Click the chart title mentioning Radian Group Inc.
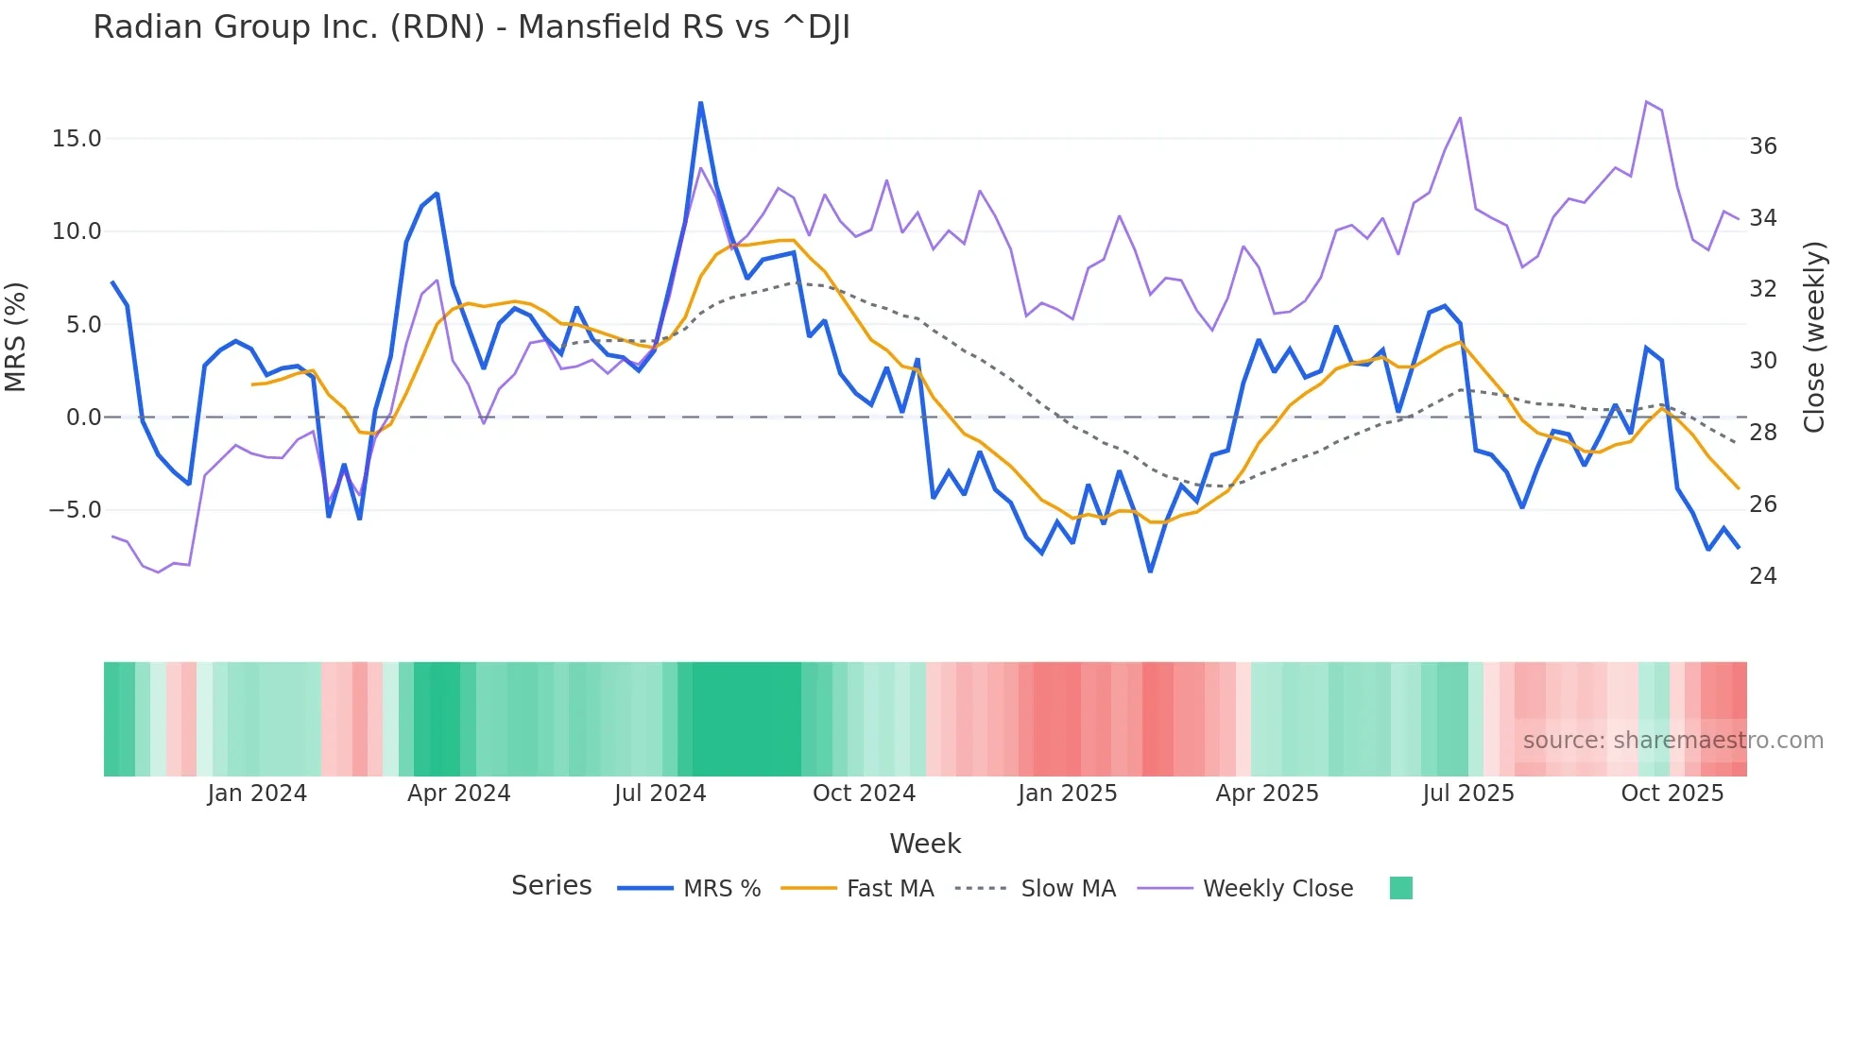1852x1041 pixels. tap(472, 27)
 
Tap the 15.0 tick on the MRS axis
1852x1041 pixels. tap(77, 139)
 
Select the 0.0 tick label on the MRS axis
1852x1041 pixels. tap(83, 418)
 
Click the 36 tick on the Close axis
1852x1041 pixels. tap(1762, 146)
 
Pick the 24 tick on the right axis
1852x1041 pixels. tap(1762, 576)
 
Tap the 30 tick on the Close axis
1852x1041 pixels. tap(1762, 361)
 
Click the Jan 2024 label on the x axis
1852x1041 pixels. tap(257, 794)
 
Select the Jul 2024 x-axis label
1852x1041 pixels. tap(660, 794)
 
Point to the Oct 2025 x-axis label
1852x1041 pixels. tap(1672, 794)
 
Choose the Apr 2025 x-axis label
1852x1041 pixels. tap(1266, 794)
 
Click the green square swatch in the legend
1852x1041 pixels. tap(1400, 888)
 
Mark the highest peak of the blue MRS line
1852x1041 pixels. tap(700, 103)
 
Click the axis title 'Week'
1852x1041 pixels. tap(925, 844)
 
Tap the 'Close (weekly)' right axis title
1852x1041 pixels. tap(1814, 337)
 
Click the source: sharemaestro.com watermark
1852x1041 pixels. tap(1672, 741)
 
